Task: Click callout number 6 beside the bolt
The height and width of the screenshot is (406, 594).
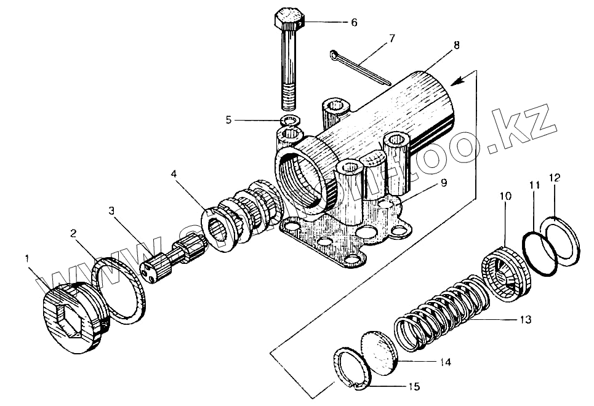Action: click(x=353, y=22)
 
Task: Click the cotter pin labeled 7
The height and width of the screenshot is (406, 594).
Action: click(x=359, y=66)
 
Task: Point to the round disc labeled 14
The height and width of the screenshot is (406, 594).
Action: click(x=380, y=351)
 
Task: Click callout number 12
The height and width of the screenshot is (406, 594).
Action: click(x=555, y=178)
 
